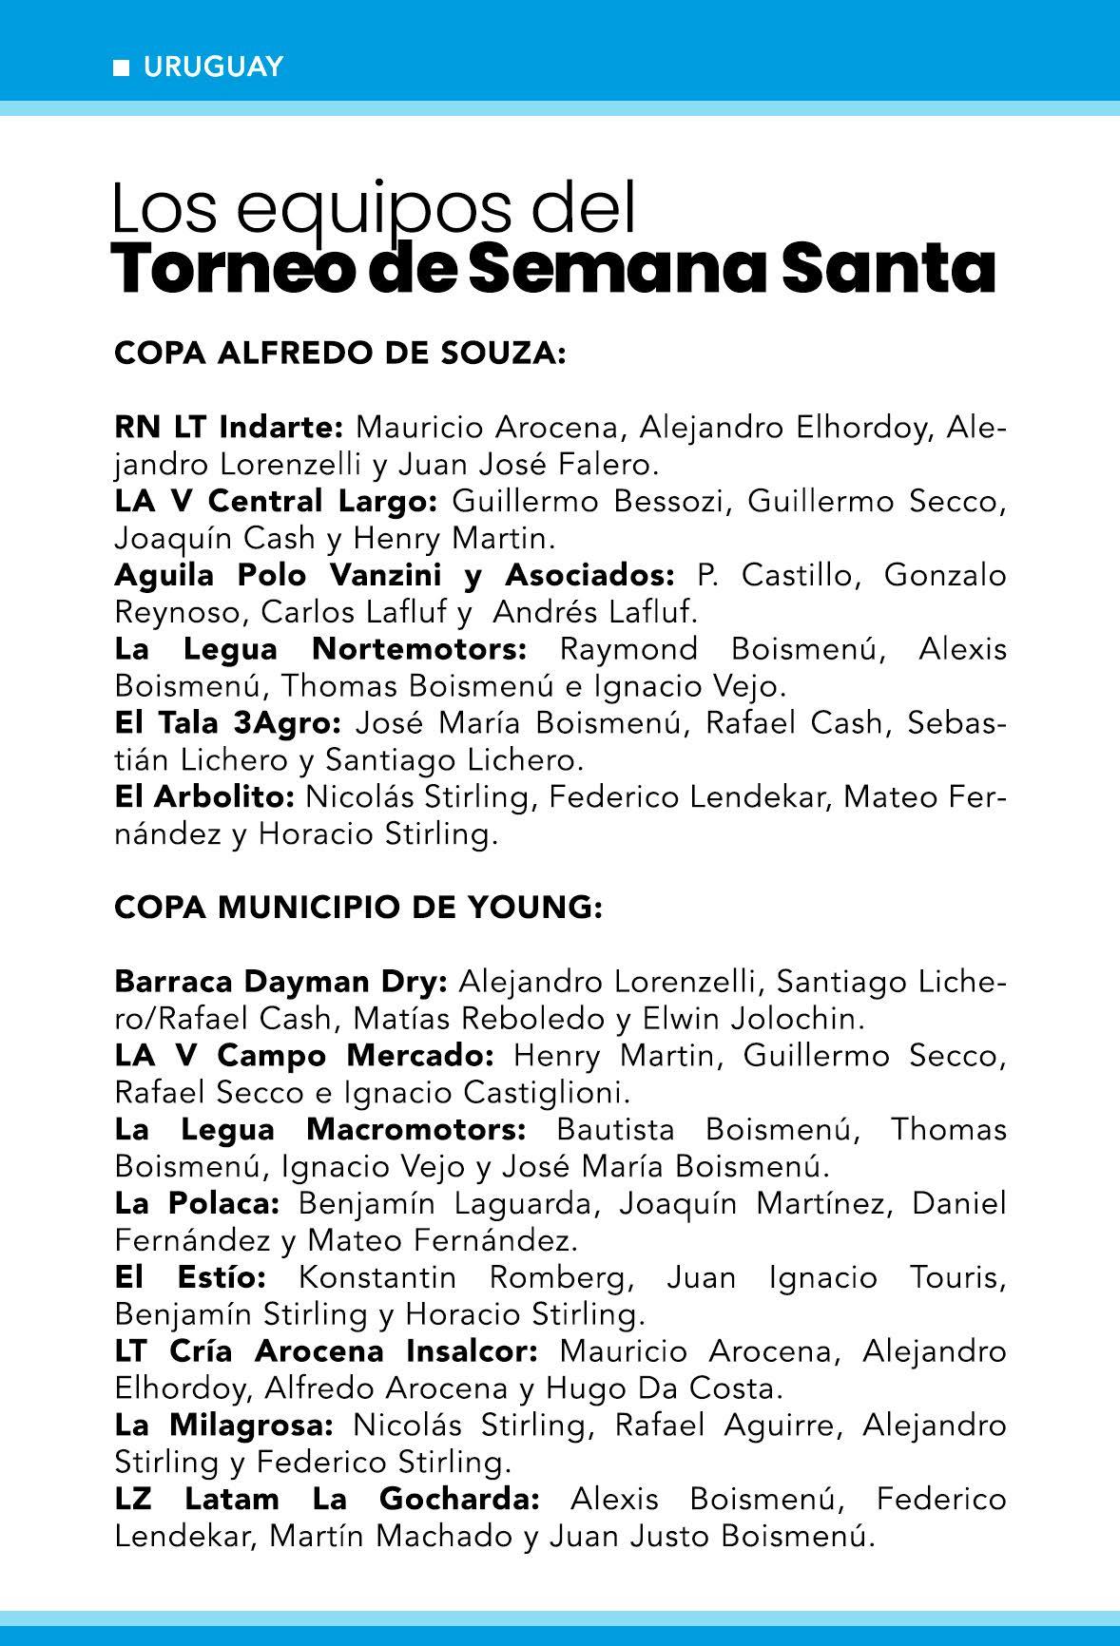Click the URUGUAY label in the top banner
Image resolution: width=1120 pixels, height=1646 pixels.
tap(213, 67)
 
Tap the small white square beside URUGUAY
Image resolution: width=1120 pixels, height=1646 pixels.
tap(122, 67)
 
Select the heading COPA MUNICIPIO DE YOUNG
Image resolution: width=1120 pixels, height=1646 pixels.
tap(358, 908)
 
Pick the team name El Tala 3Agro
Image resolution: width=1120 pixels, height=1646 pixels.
tap(227, 723)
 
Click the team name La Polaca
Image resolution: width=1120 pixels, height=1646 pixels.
tap(197, 1204)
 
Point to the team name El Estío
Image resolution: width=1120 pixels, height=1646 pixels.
tap(190, 1278)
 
